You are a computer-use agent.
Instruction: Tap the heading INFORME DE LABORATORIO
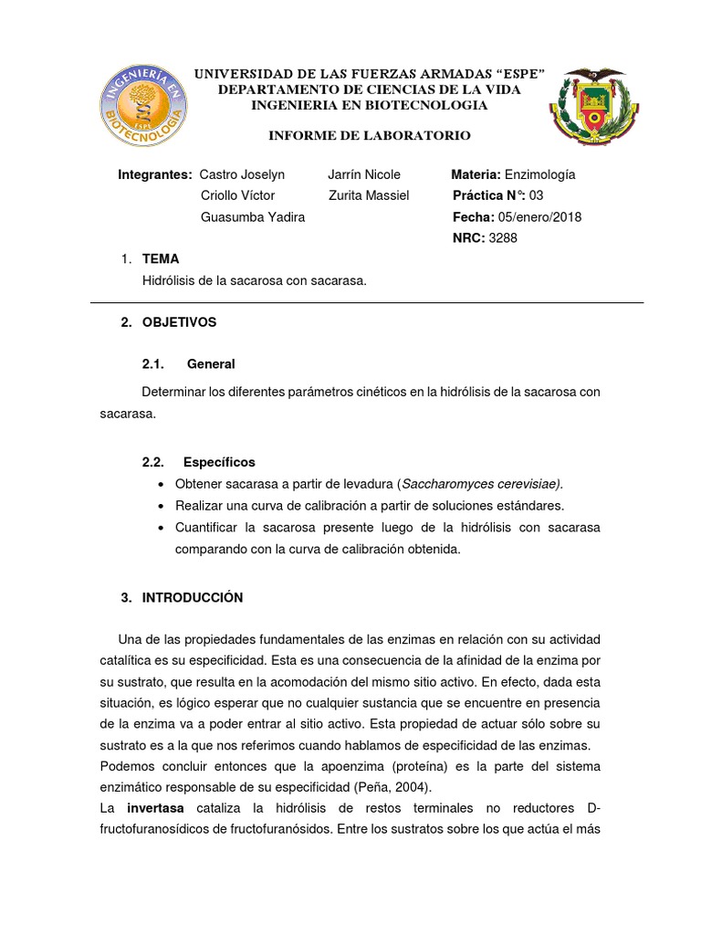pyautogui.click(x=369, y=136)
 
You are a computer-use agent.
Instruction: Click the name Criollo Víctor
pyautogui.click(x=236, y=195)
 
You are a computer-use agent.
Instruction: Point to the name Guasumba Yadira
pyautogui.click(x=252, y=216)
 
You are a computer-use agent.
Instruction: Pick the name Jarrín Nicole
pyautogui.click(x=364, y=174)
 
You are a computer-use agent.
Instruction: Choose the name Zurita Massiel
pyautogui.click(x=369, y=195)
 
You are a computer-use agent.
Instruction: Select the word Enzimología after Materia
pyautogui.click(x=539, y=174)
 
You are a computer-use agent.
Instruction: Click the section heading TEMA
pyautogui.click(x=161, y=259)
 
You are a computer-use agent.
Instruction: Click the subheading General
pyautogui.click(x=211, y=363)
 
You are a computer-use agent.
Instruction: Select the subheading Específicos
pyautogui.click(x=219, y=462)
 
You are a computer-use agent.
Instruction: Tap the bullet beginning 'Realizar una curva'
pyautogui.click(x=369, y=505)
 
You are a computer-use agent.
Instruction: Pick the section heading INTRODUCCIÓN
pyautogui.click(x=193, y=598)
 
